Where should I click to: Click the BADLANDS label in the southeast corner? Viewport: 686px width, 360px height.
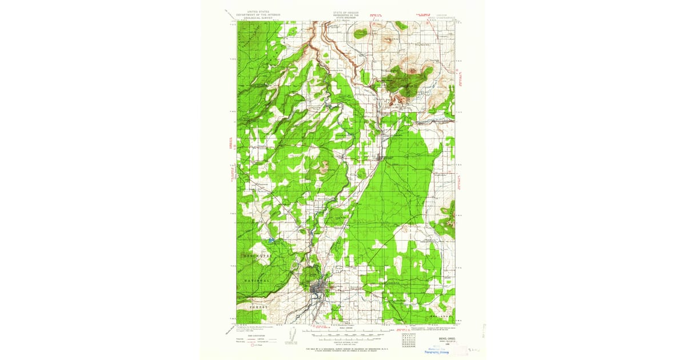pos(441,315)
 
